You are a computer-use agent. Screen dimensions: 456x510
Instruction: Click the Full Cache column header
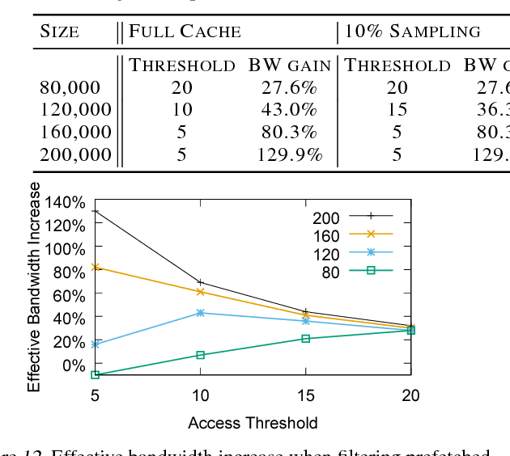click(185, 32)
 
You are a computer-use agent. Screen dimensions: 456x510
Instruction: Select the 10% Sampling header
click(413, 32)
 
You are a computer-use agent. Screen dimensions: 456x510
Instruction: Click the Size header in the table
click(60, 32)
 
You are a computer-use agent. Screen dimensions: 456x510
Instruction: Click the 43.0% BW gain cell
click(288, 110)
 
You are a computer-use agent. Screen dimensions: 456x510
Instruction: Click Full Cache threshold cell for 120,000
click(182, 110)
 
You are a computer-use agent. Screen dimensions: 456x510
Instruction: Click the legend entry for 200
click(352, 217)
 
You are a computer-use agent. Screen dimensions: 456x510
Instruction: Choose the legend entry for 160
click(352, 234)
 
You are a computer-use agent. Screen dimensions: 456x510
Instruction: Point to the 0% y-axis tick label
click(74, 365)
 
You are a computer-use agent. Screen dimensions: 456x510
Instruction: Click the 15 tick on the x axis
click(305, 395)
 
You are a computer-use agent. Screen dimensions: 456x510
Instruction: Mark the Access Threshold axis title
click(253, 423)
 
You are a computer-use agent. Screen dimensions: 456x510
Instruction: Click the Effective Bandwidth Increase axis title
click(34, 287)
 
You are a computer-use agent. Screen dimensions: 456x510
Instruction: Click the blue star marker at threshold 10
click(201, 312)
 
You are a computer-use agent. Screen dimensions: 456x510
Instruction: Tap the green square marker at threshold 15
click(305, 338)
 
